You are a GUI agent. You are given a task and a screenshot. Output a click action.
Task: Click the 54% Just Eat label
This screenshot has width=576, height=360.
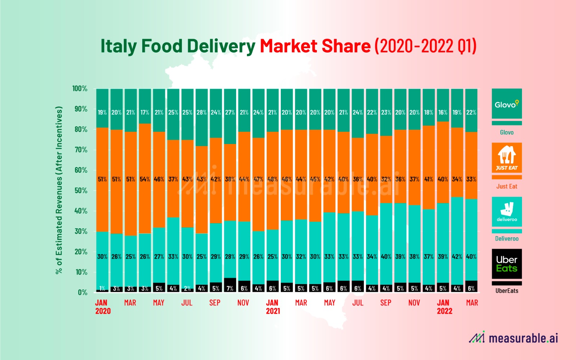[x=145, y=179]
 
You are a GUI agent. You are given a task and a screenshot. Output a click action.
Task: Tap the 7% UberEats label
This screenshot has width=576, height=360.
[x=230, y=288]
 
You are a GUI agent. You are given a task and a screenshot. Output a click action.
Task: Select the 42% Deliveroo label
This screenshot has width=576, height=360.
[x=457, y=257]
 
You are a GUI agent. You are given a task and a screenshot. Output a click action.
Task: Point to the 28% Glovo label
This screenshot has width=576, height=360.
[x=202, y=112]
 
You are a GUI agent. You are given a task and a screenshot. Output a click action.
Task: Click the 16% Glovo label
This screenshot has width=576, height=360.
[x=443, y=112]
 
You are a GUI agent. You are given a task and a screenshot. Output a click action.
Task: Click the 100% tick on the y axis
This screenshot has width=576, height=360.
[x=80, y=89]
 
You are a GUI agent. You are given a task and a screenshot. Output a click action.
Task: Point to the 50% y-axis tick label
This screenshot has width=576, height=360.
[x=81, y=190]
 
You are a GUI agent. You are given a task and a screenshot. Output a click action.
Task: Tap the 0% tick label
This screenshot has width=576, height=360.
[x=82, y=292]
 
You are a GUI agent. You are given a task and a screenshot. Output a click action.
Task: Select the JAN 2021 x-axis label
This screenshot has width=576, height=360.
[x=273, y=307]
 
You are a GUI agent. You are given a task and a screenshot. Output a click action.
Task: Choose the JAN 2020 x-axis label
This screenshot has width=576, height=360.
[x=103, y=307]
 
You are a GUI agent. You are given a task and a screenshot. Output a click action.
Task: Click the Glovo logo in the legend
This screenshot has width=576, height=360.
[x=507, y=104]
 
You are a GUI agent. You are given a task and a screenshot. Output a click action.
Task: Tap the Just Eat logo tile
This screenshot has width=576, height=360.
[x=507, y=158]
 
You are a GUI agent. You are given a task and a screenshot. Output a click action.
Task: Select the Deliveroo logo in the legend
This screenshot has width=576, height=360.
[x=507, y=212]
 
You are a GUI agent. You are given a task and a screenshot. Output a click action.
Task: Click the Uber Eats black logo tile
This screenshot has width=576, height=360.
[x=507, y=264]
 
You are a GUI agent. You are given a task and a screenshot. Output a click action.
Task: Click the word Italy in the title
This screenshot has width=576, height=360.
[x=118, y=46]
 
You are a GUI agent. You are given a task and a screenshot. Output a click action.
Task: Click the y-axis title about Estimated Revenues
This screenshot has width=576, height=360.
[x=59, y=190]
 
